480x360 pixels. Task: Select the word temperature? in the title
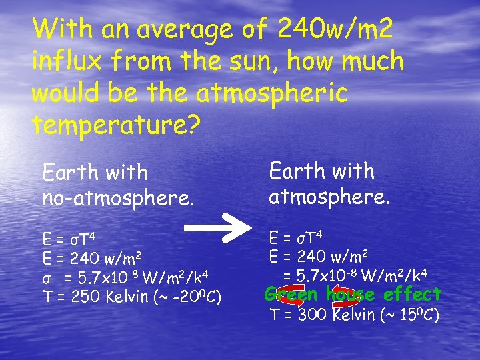point(116,125)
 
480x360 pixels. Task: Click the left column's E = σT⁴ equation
point(67,239)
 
